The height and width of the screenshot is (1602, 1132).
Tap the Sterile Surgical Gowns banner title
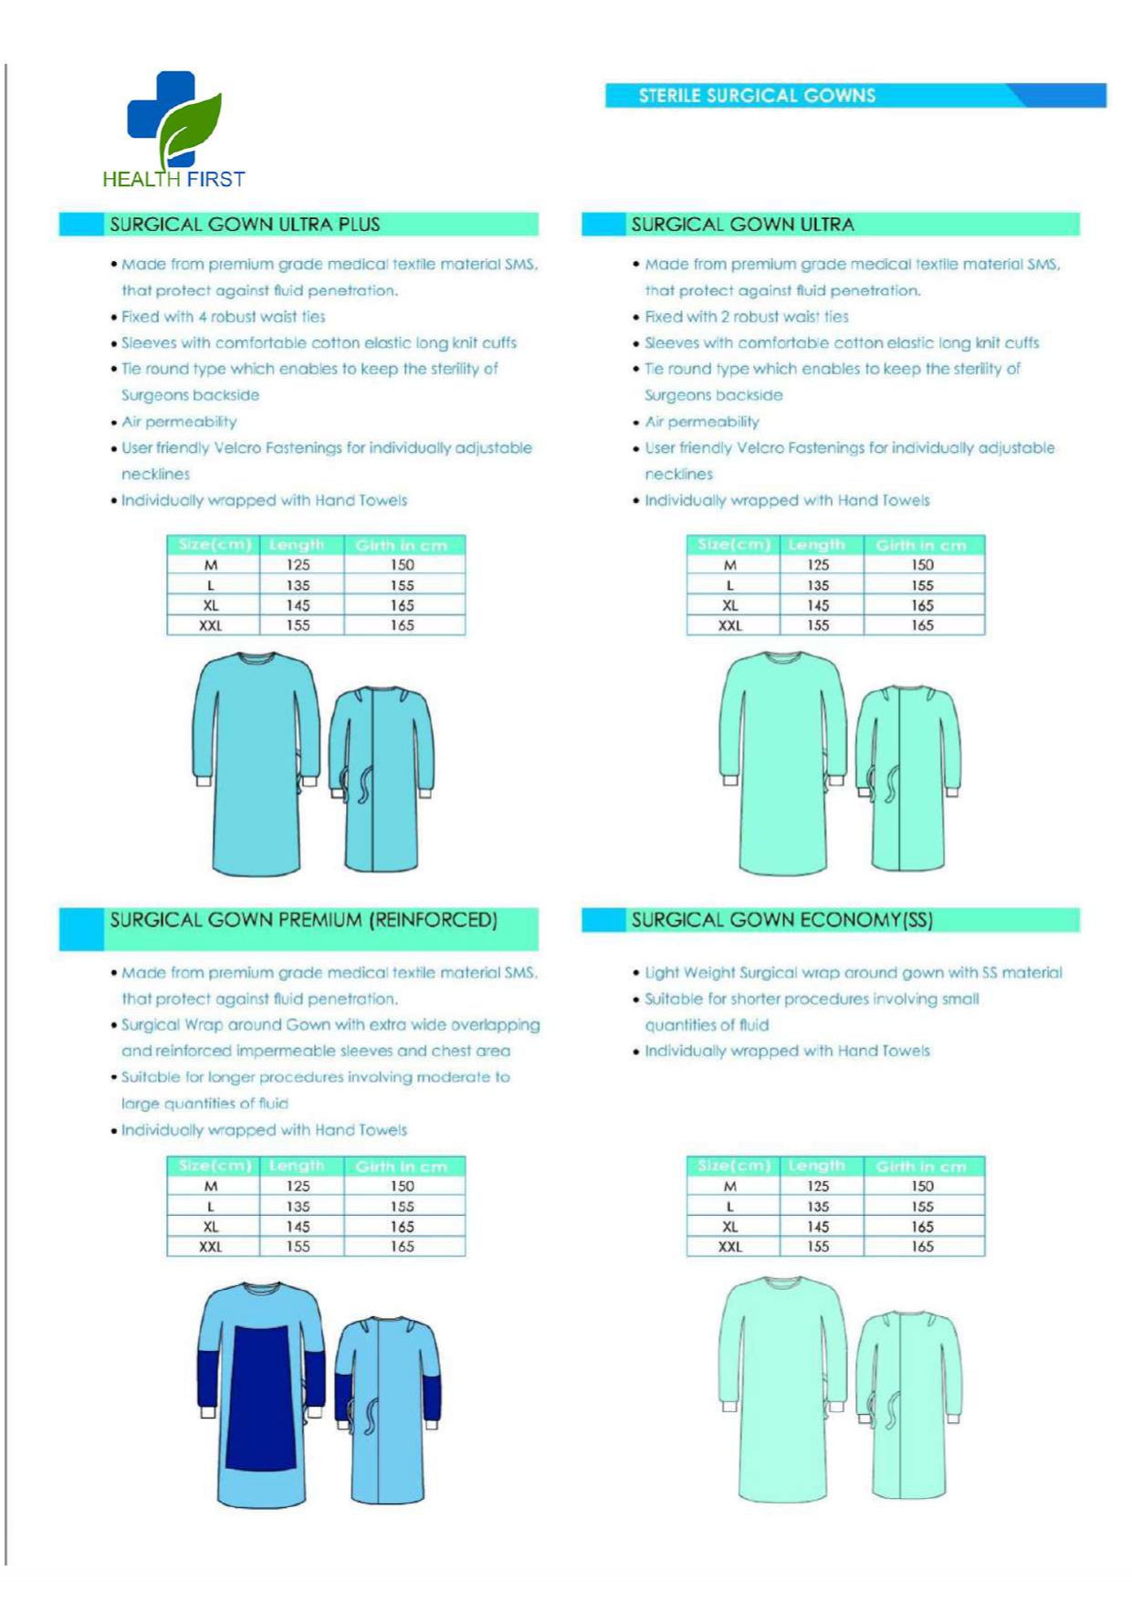coord(757,96)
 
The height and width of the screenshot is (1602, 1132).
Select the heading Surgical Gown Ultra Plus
coord(245,225)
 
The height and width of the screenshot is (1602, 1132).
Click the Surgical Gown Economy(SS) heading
coord(781,920)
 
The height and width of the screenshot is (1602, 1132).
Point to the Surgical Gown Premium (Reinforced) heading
coord(303,920)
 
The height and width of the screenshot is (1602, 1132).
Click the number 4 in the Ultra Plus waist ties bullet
coord(203,317)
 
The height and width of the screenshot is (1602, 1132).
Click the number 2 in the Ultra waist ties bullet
coord(725,317)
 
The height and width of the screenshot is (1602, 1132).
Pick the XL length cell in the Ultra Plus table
coord(298,605)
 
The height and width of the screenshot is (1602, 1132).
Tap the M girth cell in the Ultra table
coord(922,565)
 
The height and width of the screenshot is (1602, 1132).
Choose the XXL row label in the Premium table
coord(211,1246)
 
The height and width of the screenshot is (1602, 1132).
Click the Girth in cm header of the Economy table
coord(921,1166)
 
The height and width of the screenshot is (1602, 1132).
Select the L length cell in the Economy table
coord(818,1206)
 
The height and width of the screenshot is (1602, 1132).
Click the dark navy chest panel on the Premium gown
coord(260,1397)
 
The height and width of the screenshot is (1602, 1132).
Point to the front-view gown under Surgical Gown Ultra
coord(782,762)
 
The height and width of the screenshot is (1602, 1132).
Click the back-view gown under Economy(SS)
coord(908,1406)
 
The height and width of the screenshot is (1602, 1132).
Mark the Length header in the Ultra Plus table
coord(297,545)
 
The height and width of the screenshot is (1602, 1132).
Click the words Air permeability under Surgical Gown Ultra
coord(702,422)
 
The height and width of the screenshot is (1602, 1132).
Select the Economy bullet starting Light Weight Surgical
coord(853,973)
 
